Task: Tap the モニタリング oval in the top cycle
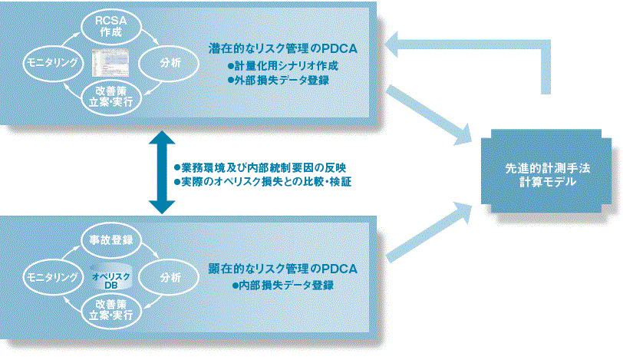(51, 64)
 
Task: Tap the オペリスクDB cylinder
(112, 276)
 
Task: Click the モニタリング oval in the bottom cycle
(51, 276)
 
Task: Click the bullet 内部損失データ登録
(283, 285)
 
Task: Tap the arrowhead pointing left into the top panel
(397, 48)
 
